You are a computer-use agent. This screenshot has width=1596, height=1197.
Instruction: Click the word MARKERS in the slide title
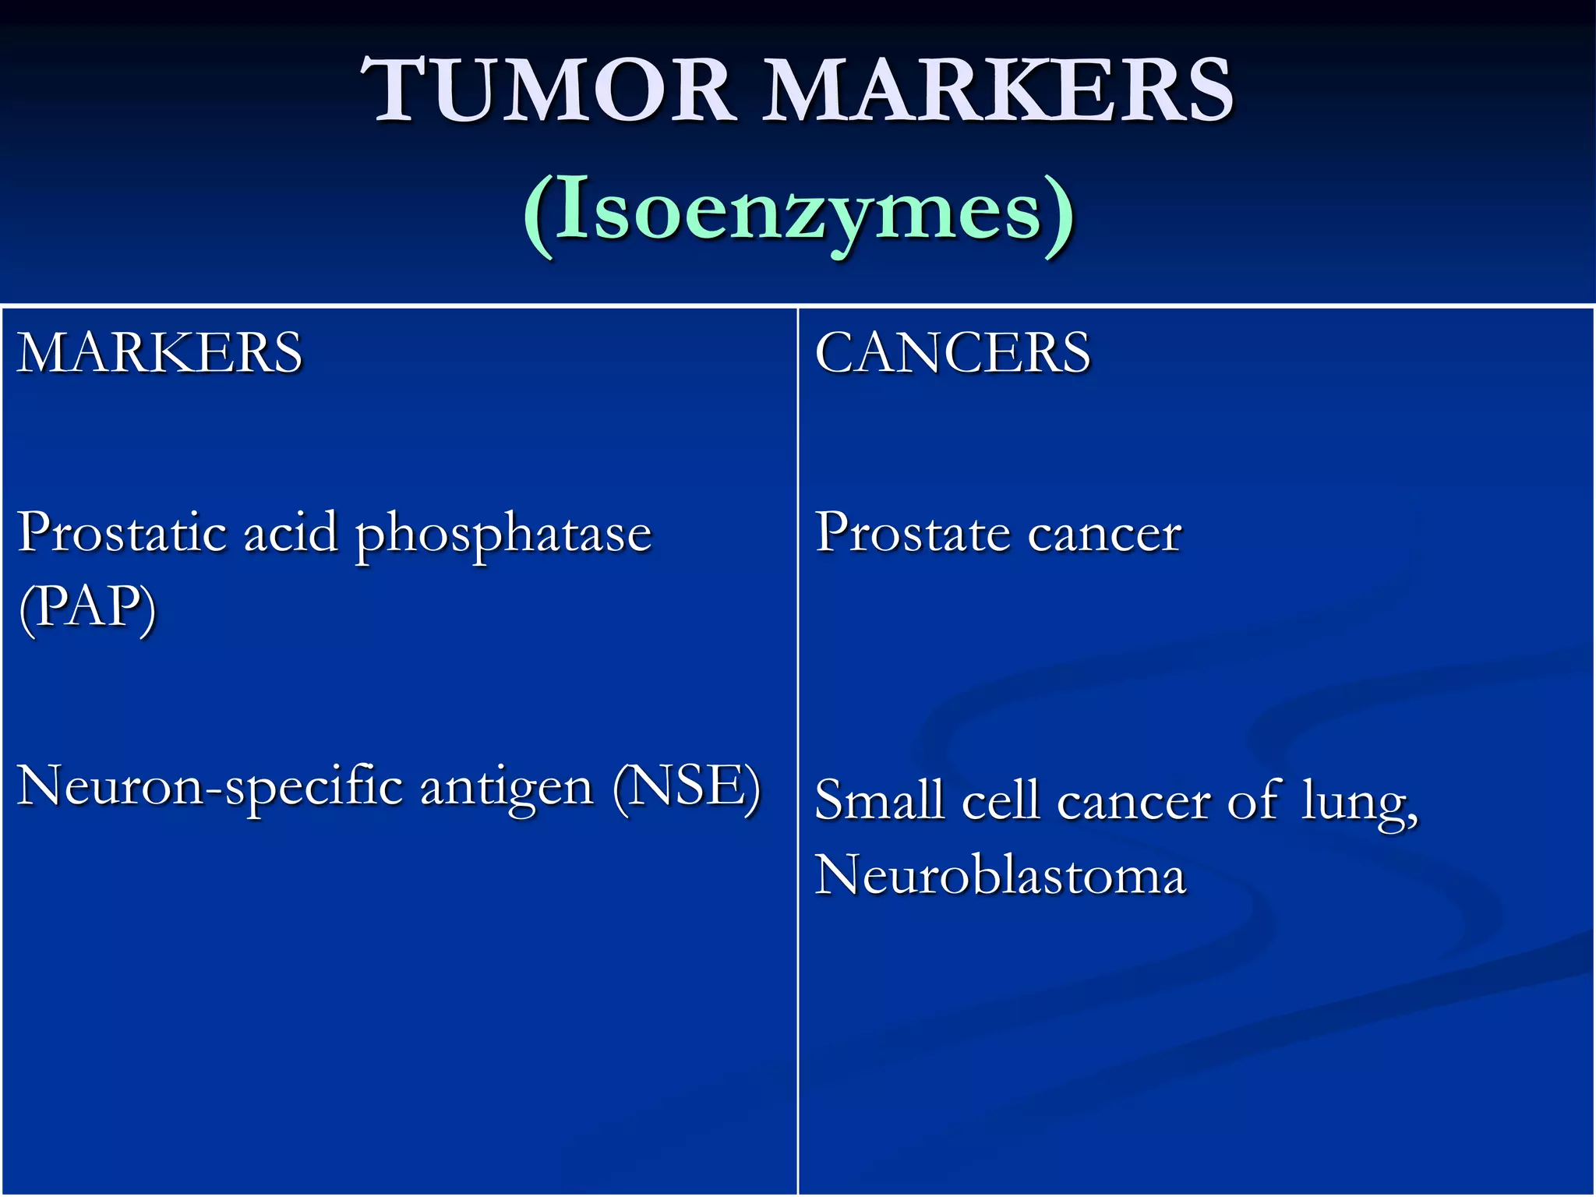(997, 92)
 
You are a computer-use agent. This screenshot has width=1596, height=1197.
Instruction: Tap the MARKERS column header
(160, 353)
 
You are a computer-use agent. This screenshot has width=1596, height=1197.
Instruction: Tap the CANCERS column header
(952, 353)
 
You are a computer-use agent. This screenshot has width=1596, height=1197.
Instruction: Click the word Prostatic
(122, 533)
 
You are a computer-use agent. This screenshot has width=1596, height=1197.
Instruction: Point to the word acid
(290, 533)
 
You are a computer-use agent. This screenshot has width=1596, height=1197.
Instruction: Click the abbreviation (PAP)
(87, 608)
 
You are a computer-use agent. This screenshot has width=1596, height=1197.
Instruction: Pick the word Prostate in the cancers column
(912, 533)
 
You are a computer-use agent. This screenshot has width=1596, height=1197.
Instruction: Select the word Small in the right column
(879, 800)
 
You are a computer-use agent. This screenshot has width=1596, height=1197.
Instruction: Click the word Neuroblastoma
(1000, 874)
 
